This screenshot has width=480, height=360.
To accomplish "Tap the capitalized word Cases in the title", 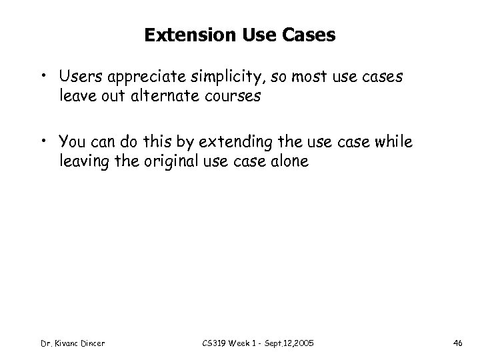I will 311,35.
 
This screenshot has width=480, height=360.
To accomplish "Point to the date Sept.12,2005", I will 290,343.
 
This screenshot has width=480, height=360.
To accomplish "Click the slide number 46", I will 458,343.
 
